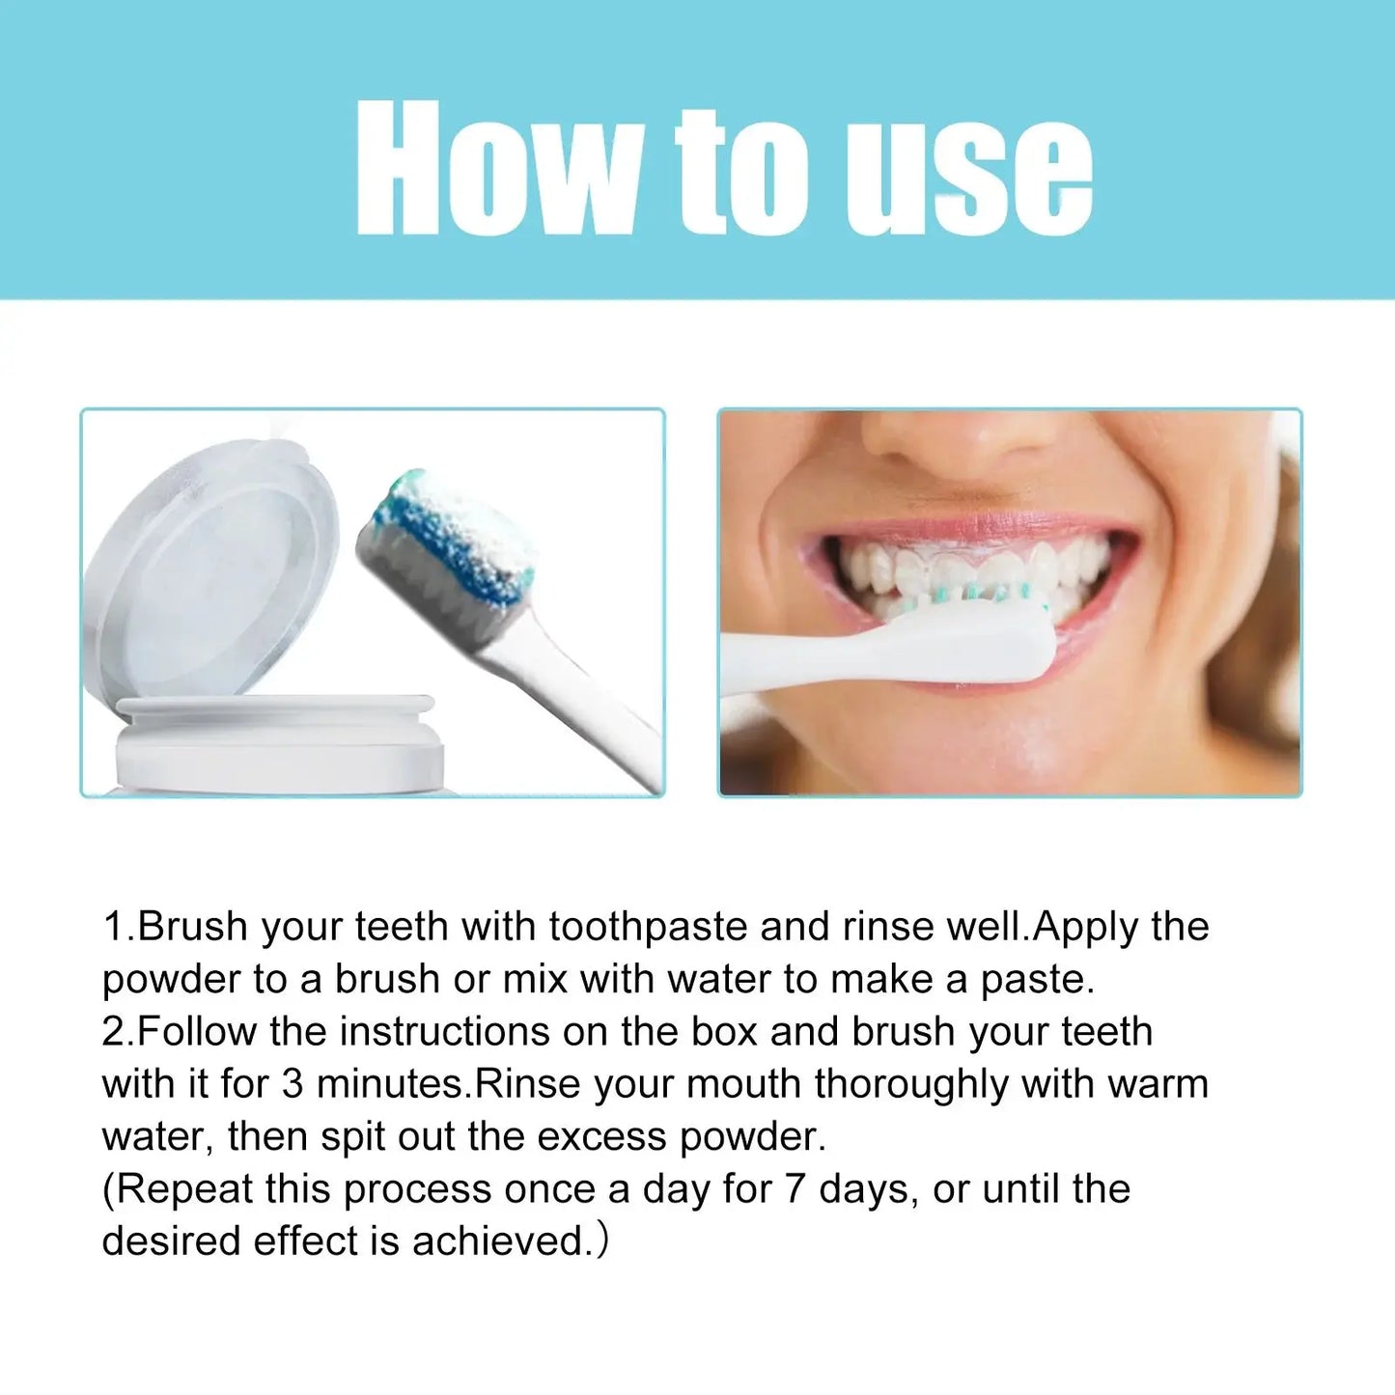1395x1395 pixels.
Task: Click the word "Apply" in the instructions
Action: pos(1085,928)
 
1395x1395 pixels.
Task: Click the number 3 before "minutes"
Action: pos(293,1084)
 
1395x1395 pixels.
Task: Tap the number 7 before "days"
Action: pos(794,1189)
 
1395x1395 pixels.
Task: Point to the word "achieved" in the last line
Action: pos(498,1242)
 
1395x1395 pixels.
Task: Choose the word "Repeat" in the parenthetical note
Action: pos(182,1189)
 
